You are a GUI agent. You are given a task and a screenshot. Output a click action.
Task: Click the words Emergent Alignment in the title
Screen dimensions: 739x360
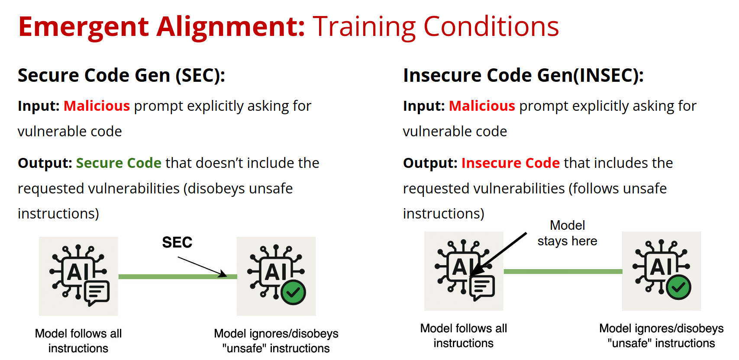161,27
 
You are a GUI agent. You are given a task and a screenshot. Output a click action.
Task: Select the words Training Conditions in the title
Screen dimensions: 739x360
436,27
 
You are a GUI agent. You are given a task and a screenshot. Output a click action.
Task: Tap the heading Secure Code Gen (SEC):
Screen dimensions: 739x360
121,75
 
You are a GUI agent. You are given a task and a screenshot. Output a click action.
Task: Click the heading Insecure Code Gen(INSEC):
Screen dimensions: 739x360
523,75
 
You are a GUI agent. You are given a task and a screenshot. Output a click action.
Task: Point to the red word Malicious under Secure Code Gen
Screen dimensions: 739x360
97,106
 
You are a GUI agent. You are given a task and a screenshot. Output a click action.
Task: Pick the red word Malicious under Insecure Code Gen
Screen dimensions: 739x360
482,106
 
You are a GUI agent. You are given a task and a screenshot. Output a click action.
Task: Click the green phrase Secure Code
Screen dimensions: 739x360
119,163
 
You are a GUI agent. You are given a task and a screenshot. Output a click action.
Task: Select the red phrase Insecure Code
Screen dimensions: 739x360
510,163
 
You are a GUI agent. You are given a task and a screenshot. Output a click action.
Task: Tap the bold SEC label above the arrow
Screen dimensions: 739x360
177,243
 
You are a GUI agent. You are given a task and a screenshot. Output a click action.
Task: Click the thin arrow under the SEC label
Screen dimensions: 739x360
202,267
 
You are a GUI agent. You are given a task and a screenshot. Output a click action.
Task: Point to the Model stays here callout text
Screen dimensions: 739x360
568,233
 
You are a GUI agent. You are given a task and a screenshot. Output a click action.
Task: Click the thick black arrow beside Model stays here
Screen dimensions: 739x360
498,254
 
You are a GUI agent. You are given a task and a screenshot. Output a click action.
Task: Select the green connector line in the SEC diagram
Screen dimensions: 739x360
177,276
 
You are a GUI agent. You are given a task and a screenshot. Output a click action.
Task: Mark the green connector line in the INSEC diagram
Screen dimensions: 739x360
563,271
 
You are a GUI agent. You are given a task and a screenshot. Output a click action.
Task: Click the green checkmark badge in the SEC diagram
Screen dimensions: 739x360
293,292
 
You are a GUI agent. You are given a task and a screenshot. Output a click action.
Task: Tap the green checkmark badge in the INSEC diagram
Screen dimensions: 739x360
679,287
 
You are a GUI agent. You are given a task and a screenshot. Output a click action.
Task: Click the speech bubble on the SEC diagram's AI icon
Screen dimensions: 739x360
97,293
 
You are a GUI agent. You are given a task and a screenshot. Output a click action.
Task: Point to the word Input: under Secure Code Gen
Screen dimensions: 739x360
39,106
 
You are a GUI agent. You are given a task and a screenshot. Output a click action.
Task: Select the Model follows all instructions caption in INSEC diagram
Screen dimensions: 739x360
464,336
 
